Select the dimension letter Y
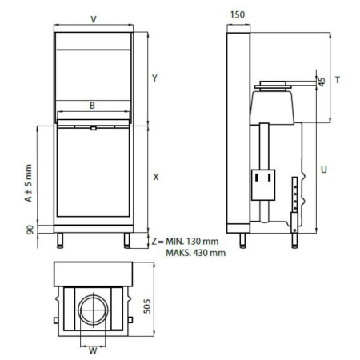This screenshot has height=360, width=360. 155,78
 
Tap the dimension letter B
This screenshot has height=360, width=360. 93,104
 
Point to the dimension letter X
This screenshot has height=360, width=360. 155,177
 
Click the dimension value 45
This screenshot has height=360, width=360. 322,81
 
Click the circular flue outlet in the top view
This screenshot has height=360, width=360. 93,309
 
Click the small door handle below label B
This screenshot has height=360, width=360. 94,126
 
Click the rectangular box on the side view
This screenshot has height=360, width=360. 262,185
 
